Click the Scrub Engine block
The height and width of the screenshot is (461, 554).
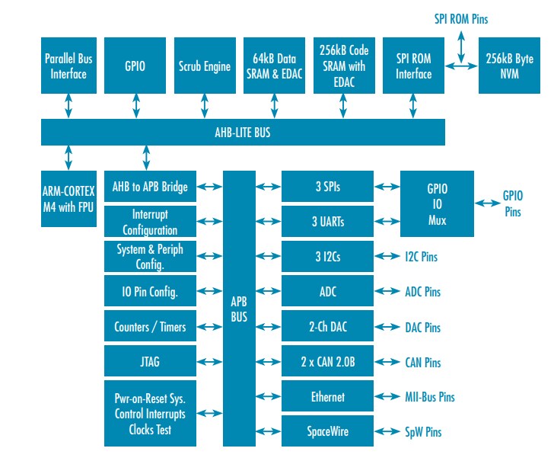[x=204, y=66]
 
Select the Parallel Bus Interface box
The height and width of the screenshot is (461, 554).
[x=68, y=66]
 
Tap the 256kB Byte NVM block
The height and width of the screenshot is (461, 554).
[x=508, y=66]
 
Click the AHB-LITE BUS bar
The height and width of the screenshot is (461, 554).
[x=243, y=133]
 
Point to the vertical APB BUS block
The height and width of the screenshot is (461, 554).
[x=239, y=309]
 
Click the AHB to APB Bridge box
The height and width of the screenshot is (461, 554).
[x=150, y=187]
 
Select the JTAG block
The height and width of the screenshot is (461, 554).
[x=150, y=363]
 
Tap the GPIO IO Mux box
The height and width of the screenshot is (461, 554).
[x=437, y=204]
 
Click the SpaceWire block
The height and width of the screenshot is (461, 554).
[x=328, y=431]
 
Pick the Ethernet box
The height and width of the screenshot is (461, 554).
[x=328, y=397]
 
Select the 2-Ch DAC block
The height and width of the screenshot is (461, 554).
[x=328, y=327]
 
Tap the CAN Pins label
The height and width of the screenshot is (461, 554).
[x=422, y=362]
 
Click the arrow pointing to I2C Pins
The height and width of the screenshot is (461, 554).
[x=388, y=257]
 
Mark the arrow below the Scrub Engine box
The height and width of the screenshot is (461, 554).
[x=204, y=107]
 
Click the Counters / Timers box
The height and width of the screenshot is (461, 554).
[x=150, y=327]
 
